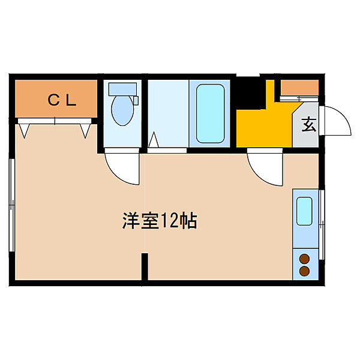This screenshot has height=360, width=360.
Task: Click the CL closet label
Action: [62, 101]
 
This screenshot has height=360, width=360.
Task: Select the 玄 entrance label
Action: [308, 125]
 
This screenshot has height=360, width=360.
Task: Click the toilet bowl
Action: [122, 111]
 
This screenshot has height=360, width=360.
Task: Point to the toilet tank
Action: [122, 89]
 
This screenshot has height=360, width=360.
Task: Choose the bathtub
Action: [210, 113]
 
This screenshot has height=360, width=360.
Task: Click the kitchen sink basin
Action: [305, 209]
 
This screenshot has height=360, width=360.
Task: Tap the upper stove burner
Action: [305, 259]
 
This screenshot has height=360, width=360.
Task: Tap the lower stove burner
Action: [305, 271]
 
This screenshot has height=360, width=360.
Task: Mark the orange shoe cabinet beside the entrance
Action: [299, 88]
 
